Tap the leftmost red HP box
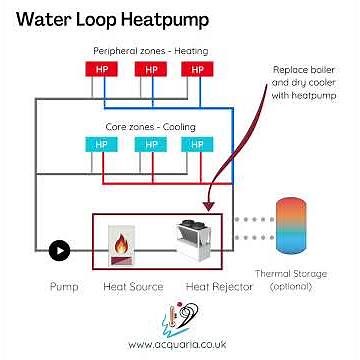coord(101,70)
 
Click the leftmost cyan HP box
coord(101,144)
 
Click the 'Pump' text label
coord(63,285)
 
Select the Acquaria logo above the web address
coord(178,318)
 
